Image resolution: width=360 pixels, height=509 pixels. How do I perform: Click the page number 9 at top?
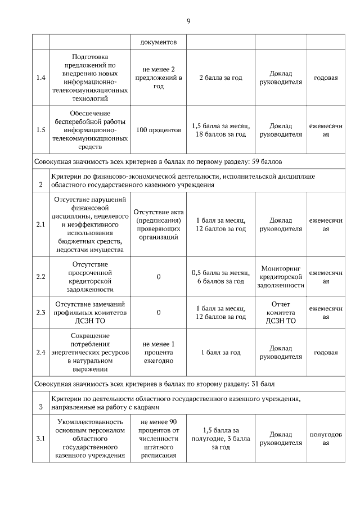coord(188,21)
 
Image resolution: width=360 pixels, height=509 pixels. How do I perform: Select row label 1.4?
coord(40,77)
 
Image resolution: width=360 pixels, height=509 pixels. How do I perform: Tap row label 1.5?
coord(40,130)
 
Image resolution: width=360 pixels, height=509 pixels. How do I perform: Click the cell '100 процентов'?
coord(159,130)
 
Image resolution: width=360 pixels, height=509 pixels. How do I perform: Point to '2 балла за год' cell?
coord(220,77)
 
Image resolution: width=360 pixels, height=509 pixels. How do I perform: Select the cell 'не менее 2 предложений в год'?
coord(159,77)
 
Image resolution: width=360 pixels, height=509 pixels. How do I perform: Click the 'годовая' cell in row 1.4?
coord(326,77)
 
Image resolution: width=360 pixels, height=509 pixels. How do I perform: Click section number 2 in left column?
coord(40,184)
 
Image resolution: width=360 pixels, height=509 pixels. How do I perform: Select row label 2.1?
coord(40,224)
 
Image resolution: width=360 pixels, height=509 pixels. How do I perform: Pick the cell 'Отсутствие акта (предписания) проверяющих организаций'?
coord(159,224)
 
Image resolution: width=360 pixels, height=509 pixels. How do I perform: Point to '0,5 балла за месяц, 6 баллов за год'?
coord(220,276)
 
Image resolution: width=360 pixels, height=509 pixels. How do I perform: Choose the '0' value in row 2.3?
coord(159,312)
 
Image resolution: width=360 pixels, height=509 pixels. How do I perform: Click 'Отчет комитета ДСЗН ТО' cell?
coord(281,312)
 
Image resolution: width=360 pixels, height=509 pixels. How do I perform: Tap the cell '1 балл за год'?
coord(220,353)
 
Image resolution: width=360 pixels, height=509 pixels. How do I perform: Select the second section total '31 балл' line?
coord(153,384)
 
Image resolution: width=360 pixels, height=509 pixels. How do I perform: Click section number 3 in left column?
coord(40,407)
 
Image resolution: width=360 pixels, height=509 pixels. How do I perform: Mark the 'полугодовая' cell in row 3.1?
coord(326,439)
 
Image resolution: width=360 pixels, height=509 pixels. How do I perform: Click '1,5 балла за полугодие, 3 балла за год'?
coord(220,439)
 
